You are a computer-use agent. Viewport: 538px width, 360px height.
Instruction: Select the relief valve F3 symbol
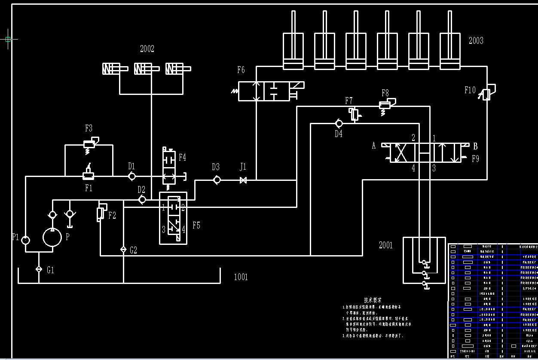pos(89,144)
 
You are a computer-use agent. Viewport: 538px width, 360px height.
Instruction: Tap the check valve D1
pos(132,176)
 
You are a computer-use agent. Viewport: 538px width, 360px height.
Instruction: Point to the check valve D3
pos(217,180)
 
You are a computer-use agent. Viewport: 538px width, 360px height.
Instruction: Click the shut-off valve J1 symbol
pos(243,180)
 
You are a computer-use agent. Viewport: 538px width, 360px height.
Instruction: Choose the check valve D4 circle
pos(339,123)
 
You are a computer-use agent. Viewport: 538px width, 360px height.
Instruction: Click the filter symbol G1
pos(39,269)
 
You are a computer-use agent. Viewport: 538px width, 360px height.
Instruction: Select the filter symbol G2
pos(123,250)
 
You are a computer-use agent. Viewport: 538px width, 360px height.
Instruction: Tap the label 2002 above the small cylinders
pos(147,49)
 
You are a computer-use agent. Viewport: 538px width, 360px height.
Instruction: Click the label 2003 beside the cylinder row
pos(476,41)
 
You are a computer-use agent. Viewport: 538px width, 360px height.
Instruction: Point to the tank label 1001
pos(241,277)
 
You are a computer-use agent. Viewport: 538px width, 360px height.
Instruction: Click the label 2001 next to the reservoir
pos(385,245)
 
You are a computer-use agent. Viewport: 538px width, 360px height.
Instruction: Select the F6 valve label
pos(241,70)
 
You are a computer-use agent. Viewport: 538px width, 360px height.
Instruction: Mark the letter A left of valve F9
pos(374,146)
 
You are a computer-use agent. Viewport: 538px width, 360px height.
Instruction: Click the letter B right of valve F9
pos(475,146)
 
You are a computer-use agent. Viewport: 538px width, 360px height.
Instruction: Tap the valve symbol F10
pos(486,94)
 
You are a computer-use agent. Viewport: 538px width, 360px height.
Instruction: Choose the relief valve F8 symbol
pos(385,104)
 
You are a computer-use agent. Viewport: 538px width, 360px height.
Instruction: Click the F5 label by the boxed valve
pos(196,225)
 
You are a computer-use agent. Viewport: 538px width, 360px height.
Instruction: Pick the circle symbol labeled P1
pos(26,240)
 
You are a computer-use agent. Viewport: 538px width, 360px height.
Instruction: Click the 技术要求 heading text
pos(373,300)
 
